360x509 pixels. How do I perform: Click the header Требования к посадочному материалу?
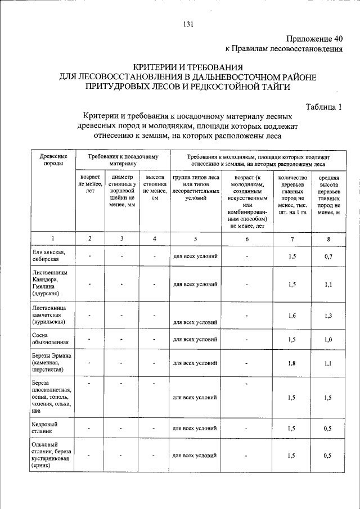123,159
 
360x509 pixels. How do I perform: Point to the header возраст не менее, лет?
90,184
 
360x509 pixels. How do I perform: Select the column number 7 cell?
291,238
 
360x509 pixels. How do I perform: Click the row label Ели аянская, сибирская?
49,256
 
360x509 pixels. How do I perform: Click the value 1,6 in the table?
291,316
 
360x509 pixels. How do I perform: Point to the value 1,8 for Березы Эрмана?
291,363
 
